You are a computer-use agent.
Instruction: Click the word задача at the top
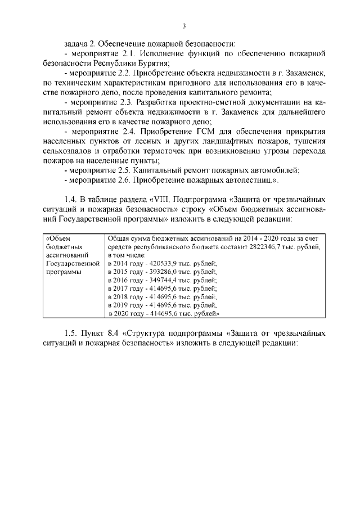click(77, 43)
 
